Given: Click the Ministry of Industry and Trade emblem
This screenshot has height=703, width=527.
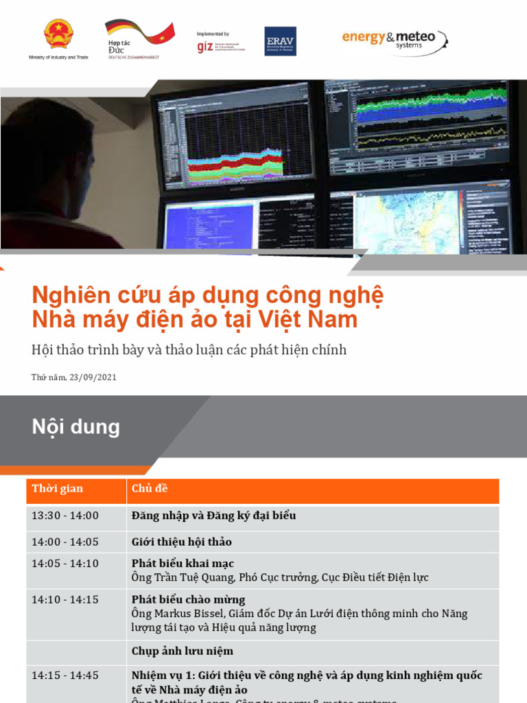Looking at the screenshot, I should [x=58, y=34].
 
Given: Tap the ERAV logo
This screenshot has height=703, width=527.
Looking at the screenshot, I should [x=280, y=41].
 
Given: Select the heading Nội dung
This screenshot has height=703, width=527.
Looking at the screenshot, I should [x=75, y=427].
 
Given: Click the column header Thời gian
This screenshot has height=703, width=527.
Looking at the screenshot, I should [x=58, y=489].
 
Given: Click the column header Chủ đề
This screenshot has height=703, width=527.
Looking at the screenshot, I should [x=150, y=489].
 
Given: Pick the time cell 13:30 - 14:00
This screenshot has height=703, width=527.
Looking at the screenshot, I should [x=65, y=516].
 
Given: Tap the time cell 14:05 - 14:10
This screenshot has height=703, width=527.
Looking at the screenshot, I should [x=65, y=564].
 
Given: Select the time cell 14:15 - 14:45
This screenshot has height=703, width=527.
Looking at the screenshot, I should [x=65, y=676].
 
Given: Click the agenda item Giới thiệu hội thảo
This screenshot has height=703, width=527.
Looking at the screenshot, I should [x=182, y=542].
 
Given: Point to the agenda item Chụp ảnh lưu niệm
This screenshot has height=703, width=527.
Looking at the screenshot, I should [x=183, y=651].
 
